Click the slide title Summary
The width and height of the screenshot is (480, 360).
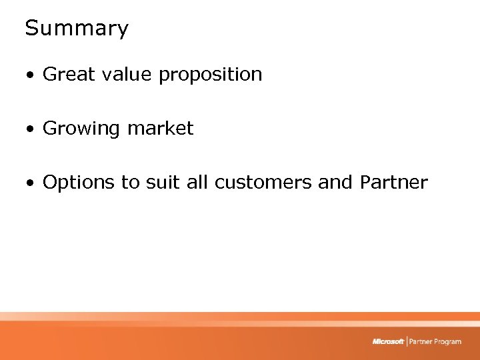(x=77, y=29)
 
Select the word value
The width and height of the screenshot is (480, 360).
(x=123, y=74)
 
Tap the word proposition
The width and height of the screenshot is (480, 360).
(x=210, y=75)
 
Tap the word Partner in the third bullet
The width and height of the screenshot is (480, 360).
(x=393, y=183)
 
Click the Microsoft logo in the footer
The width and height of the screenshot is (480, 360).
(x=388, y=341)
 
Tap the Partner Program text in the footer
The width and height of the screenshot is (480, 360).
(x=435, y=341)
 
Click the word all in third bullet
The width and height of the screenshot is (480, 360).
(x=197, y=183)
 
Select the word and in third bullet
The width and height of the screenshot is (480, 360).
(x=335, y=183)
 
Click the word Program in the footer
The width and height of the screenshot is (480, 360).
(x=447, y=342)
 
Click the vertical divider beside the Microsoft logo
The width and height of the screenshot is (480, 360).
(x=406, y=341)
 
